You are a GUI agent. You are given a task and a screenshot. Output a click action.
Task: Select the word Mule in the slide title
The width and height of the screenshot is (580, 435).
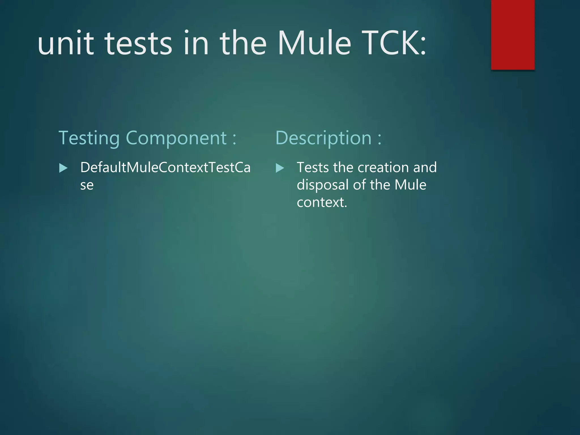(x=314, y=43)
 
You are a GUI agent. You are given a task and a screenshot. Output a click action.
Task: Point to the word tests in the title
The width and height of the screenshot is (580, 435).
(x=138, y=43)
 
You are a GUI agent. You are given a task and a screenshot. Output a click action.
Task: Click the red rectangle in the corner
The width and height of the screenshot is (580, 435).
(x=513, y=35)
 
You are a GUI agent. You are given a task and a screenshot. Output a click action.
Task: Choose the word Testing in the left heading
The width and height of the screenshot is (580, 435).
(x=89, y=138)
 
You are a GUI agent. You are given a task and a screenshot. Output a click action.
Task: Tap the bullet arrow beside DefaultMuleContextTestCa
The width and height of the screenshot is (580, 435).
(x=63, y=168)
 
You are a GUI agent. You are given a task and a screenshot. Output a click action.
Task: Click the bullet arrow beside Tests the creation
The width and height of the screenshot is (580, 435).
(x=280, y=168)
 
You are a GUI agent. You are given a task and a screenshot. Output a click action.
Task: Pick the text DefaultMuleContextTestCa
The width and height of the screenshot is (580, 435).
(x=165, y=167)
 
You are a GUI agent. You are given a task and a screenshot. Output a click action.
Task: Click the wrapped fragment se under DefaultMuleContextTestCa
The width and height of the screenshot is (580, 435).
(x=87, y=185)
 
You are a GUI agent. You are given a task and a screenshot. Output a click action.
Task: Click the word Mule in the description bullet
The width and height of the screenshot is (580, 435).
(x=410, y=185)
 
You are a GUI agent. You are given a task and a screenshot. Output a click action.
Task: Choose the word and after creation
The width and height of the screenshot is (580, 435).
(x=425, y=167)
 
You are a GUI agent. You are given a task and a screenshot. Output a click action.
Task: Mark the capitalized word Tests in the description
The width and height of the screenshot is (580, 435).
(x=313, y=167)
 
